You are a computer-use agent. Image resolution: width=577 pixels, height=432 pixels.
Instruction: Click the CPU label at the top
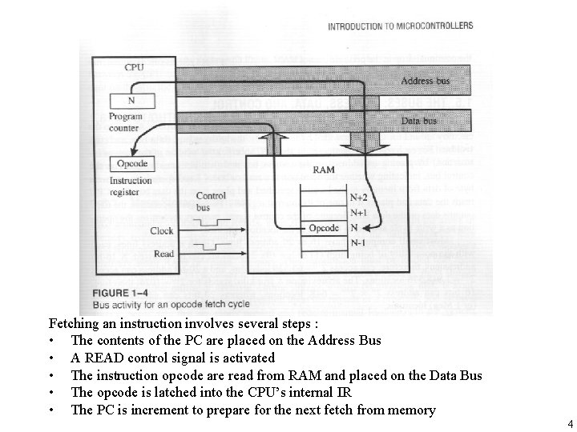click(x=134, y=67)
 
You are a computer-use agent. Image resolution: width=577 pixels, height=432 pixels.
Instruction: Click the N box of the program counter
click(x=131, y=101)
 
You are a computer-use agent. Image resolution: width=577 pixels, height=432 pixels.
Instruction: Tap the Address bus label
click(x=426, y=82)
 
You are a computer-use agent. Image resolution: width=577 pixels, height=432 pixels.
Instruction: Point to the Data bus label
click(x=419, y=121)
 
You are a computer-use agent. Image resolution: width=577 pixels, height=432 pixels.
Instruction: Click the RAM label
click(x=324, y=170)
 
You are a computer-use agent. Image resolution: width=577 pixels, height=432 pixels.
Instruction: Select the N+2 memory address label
click(x=359, y=197)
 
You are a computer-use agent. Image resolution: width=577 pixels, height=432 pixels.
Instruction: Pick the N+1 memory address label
click(x=359, y=213)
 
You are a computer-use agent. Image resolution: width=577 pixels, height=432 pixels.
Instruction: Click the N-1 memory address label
click(x=358, y=241)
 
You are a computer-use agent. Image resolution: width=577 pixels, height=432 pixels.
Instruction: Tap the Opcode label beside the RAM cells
click(x=324, y=227)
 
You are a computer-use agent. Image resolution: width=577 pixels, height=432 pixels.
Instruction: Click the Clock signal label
click(x=161, y=230)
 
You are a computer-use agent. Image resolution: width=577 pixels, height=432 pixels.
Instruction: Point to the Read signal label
click(x=163, y=254)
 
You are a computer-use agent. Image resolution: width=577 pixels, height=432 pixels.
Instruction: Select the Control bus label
click(x=211, y=201)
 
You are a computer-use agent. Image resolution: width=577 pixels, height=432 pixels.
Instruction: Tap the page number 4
click(x=570, y=422)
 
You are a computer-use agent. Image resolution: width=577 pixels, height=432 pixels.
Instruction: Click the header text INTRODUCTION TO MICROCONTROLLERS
click(x=400, y=26)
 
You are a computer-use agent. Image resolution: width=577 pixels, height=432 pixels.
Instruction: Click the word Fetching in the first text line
click(x=76, y=323)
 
